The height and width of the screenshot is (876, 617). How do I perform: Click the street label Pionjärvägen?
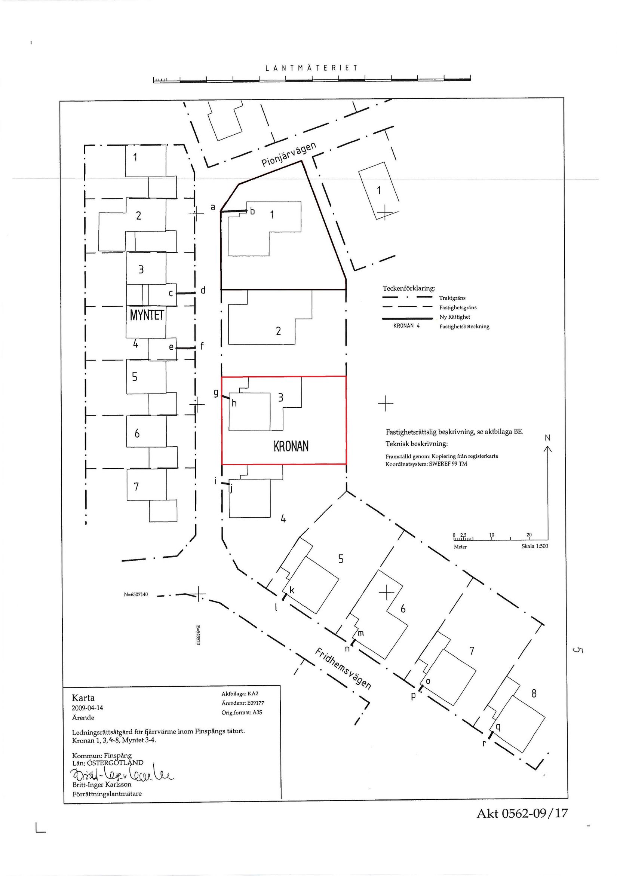(289, 155)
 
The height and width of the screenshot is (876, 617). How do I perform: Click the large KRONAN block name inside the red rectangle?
(291, 446)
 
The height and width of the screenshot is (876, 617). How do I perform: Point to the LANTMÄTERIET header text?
(311, 68)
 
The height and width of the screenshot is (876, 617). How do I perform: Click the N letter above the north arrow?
(547, 438)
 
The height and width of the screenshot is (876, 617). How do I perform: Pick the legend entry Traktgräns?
(452, 298)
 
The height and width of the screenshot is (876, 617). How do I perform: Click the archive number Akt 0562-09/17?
(522, 821)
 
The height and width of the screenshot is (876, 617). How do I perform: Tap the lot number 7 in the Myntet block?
(136, 487)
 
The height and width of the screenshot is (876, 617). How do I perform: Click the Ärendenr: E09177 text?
(243, 703)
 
